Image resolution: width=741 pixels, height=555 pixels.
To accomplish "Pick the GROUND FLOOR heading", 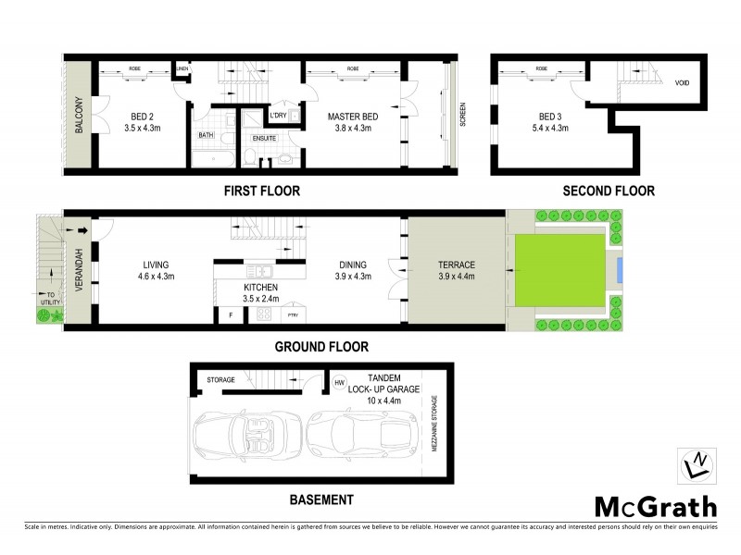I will click(x=320, y=347).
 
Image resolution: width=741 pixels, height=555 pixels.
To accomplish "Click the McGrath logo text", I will click(x=654, y=506).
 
